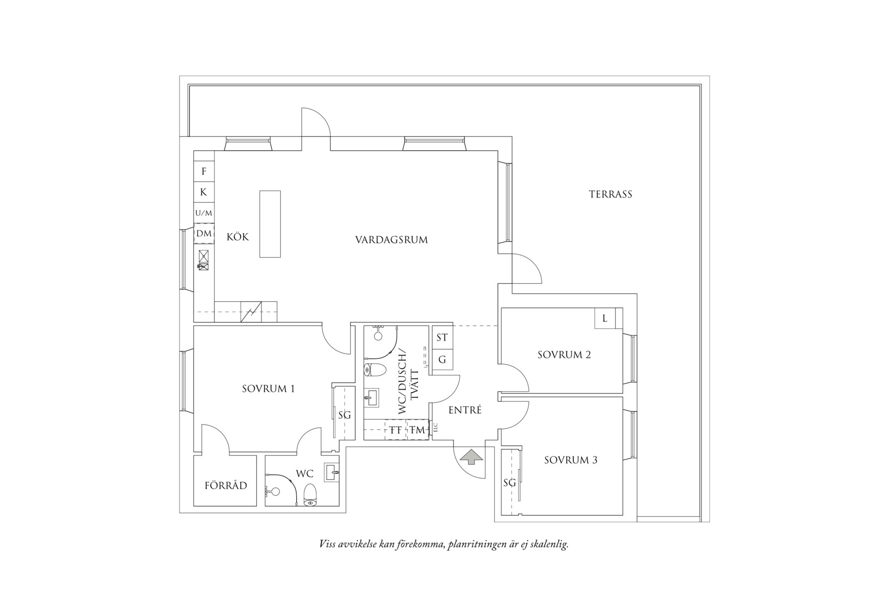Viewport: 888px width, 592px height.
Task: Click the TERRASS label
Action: (x=610, y=195)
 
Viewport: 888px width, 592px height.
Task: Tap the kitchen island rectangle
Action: (x=269, y=224)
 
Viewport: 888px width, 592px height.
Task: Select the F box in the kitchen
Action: (x=204, y=172)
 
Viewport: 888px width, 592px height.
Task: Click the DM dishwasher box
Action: (x=204, y=233)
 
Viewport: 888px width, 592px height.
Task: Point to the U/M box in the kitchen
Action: (x=204, y=213)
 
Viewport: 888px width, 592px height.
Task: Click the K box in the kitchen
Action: (x=204, y=192)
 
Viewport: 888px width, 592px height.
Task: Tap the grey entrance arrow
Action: (x=471, y=456)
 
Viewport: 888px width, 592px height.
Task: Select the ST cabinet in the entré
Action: (x=442, y=338)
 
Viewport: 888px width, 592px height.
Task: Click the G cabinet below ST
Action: (x=442, y=359)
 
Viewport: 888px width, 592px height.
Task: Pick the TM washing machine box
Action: (x=417, y=430)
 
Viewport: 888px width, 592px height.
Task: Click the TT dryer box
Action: (x=396, y=430)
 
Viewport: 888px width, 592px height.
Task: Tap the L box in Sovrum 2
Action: (x=605, y=318)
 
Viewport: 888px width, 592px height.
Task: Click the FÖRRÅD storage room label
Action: (x=225, y=485)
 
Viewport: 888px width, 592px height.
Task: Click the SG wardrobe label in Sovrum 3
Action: (x=509, y=482)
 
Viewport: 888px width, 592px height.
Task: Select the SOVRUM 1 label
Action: (x=268, y=389)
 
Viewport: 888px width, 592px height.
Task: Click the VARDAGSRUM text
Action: (x=391, y=240)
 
